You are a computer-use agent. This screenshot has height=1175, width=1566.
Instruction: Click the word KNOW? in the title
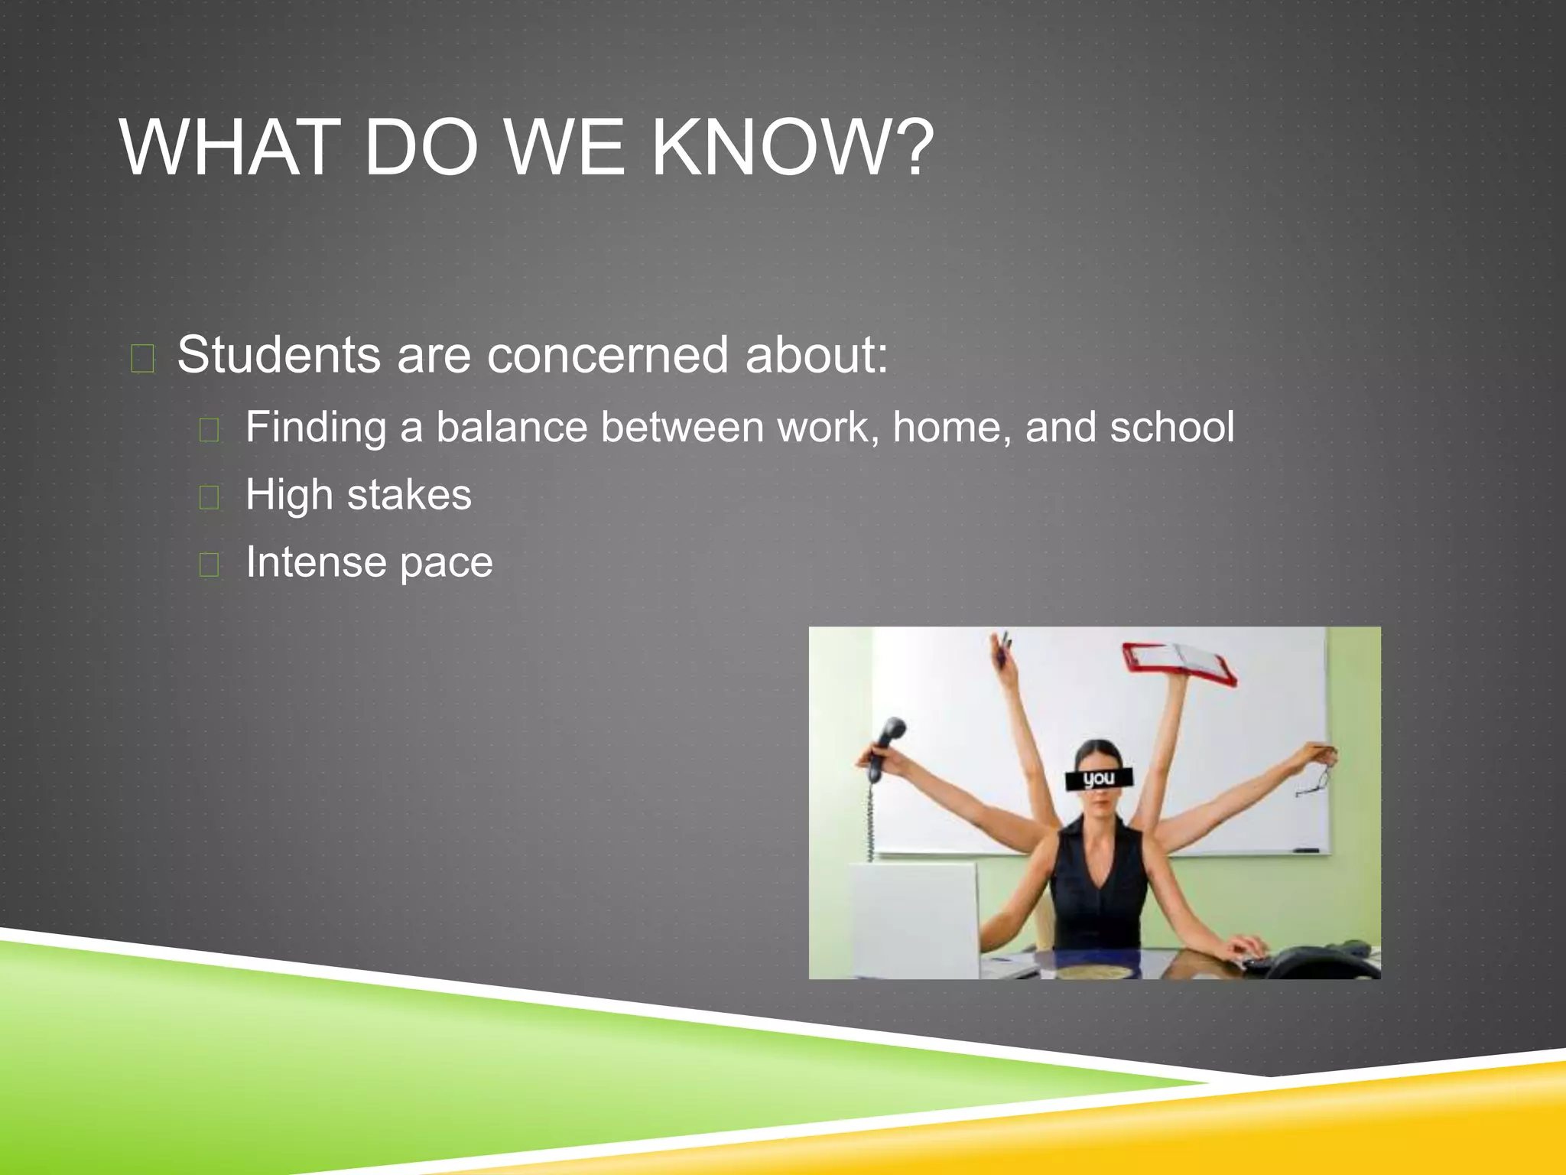pos(792,147)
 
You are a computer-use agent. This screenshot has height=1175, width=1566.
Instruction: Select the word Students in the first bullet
pos(278,355)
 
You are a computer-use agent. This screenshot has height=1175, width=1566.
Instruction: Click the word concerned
pos(607,355)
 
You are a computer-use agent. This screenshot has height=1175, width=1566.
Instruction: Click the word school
pos(1171,427)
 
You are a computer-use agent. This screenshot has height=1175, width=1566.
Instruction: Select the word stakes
pos(409,494)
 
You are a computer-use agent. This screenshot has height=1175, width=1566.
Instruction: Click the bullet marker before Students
pos(143,358)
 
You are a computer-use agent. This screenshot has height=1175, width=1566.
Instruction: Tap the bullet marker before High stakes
pos(209,497)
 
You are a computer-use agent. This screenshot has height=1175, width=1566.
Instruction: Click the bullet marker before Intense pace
pos(209,565)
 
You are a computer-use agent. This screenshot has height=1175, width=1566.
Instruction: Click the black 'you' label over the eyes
pos(1099,779)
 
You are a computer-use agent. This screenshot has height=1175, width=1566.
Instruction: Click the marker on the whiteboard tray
pos(1305,850)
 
